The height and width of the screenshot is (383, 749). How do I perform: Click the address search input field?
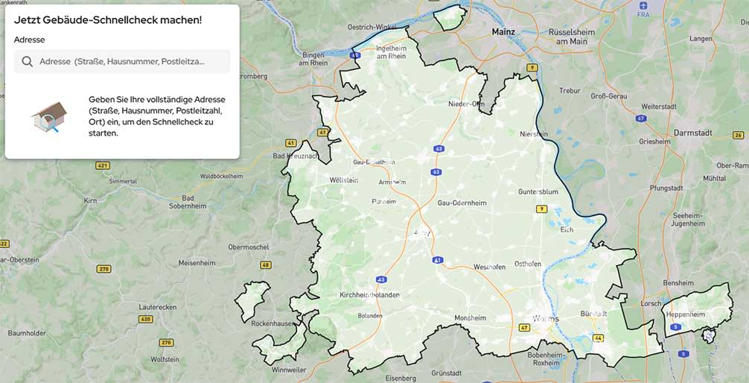[122, 61]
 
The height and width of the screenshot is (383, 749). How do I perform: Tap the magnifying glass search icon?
[28, 61]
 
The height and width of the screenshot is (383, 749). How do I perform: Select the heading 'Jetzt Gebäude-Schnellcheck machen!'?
[108, 19]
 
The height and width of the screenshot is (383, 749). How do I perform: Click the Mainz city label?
[504, 32]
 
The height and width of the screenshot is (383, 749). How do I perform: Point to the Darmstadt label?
[692, 133]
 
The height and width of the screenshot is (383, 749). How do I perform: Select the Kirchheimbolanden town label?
[369, 294]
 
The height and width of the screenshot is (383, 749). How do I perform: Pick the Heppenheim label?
[685, 314]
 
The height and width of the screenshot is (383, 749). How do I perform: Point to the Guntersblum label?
[538, 191]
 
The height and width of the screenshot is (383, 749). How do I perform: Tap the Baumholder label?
[27, 332]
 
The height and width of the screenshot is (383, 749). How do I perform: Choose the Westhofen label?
[490, 266]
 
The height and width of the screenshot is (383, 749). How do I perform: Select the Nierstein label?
[533, 134]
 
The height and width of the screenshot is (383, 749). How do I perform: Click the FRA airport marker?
[643, 6]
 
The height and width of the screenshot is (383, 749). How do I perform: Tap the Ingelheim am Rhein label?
[391, 51]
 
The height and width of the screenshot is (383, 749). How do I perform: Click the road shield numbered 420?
[145, 319]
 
